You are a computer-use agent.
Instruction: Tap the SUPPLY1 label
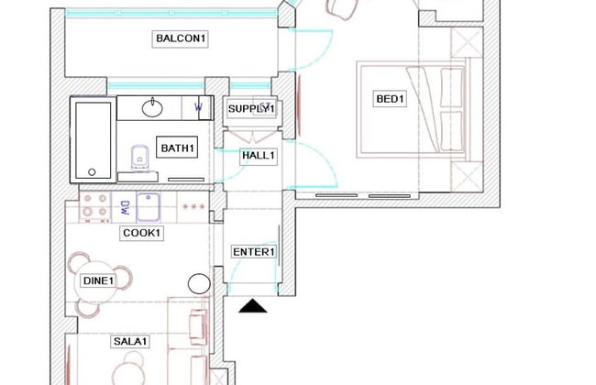[x=251, y=109]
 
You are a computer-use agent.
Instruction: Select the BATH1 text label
[x=178, y=148]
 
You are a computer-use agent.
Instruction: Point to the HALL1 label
[x=258, y=156]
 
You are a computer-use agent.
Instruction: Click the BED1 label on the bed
[x=390, y=99]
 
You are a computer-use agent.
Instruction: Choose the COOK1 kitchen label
[x=141, y=234]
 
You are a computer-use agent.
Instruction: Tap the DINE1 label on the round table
[x=98, y=280]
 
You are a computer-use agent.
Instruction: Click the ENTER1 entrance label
[x=254, y=252]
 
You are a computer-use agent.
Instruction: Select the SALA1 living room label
[x=130, y=342]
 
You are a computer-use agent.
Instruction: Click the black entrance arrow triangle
[x=252, y=305]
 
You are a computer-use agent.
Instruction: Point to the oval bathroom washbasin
[x=154, y=109]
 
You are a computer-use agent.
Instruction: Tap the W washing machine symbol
[x=199, y=108]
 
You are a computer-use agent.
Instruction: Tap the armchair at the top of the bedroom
[x=341, y=8]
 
